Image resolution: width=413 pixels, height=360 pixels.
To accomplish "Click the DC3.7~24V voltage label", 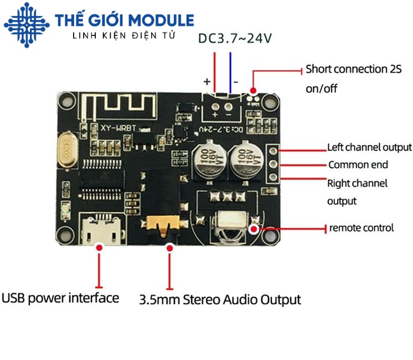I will click(x=235, y=39).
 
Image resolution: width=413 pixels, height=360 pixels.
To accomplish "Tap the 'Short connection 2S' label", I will click(x=353, y=70).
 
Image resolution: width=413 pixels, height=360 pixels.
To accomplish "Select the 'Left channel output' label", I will click(x=369, y=147).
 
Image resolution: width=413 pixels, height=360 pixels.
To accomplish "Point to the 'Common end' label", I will click(x=358, y=164).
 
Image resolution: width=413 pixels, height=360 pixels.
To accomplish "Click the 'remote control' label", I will click(x=362, y=227).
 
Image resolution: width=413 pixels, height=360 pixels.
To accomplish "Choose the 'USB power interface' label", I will click(x=60, y=298).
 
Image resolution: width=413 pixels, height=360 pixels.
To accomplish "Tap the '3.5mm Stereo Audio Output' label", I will click(x=220, y=300).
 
